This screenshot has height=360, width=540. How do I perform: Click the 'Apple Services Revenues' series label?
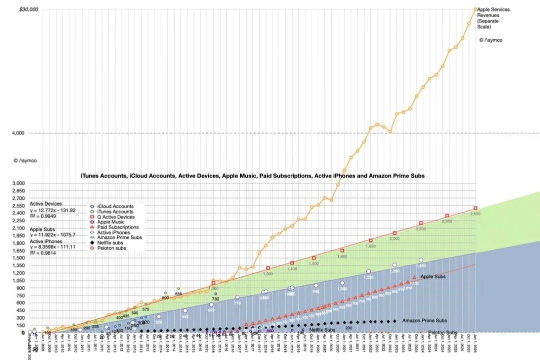click(x=493, y=15)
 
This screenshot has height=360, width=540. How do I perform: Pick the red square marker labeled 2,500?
click(x=475, y=208)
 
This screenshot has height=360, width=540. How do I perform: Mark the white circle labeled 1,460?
click(x=421, y=260)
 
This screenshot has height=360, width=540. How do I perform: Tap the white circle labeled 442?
click(x=185, y=310)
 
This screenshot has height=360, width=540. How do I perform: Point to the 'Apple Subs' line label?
click(x=433, y=276)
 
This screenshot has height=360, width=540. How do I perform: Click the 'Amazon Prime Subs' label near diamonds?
click(x=424, y=320)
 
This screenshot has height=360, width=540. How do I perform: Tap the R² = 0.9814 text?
click(x=43, y=253)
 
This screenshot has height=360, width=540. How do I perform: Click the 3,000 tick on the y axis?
click(x=18, y=183)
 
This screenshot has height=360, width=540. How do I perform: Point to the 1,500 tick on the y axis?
click(x=18, y=258)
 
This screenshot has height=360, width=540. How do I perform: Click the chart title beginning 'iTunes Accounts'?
click(x=253, y=176)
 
